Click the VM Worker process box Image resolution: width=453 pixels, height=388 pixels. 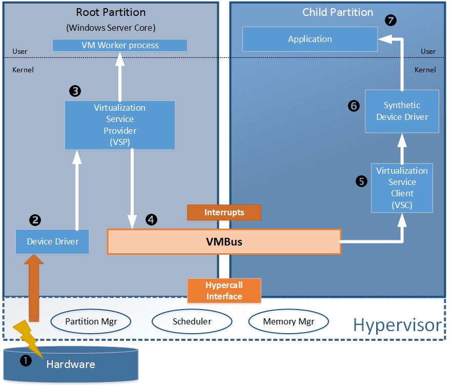(x=120, y=45)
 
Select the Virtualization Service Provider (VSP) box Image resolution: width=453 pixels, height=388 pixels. (x=120, y=125)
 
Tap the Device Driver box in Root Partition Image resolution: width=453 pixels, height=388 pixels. (x=52, y=241)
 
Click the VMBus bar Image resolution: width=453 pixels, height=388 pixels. (x=223, y=242)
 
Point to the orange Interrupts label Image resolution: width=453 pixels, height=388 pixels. (x=224, y=212)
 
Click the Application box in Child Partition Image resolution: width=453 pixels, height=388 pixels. (x=310, y=39)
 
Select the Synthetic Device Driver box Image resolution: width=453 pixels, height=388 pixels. (x=402, y=111)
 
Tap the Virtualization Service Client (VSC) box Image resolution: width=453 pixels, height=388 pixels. (x=402, y=188)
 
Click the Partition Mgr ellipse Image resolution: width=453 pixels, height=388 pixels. (x=91, y=322)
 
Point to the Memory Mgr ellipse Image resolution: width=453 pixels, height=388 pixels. (x=288, y=322)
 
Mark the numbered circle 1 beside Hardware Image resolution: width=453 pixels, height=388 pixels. (x=26, y=361)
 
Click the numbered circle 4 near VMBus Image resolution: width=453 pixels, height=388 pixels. (x=151, y=219)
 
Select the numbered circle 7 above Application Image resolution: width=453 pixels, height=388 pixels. (x=391, y=21)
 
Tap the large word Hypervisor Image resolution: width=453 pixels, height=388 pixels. (x=397, y=325)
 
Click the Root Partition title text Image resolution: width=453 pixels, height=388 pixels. (x=111, y=12)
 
